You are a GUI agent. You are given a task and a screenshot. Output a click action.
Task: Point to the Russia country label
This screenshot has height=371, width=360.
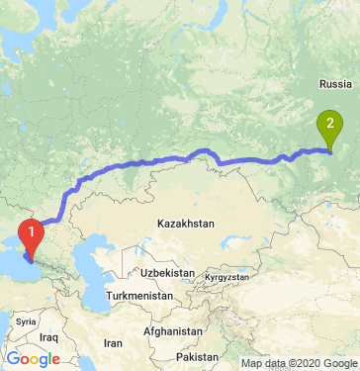click(x=334, y=85)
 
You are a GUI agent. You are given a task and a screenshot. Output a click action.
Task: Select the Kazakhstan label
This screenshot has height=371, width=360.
click(x=185, y=225)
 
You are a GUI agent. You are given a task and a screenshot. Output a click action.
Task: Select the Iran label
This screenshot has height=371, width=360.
click(x=113, y=342)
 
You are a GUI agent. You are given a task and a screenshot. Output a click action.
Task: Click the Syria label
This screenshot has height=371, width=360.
click(x=26, y=322)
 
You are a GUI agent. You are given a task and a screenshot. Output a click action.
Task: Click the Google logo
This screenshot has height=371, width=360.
click(x=33, y=358)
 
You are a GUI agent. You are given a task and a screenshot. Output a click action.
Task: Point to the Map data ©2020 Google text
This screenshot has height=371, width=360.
click(x=299, y=363)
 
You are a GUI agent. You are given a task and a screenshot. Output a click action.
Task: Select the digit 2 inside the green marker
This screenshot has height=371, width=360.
click(x=328, y=125)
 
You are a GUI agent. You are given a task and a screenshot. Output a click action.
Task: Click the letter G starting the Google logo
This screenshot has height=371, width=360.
click(x=13, y=358)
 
